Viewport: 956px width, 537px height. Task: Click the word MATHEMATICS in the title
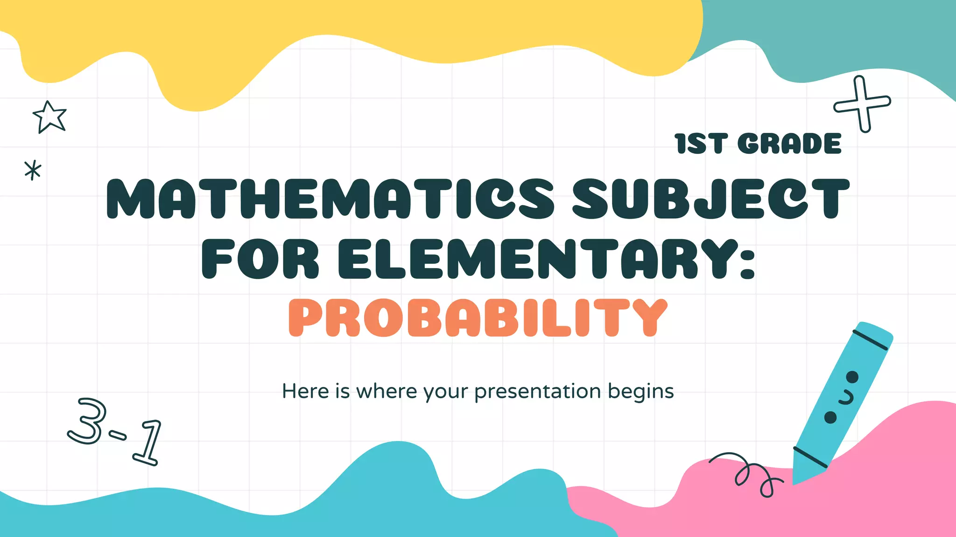pyautogui.click(x=329, y=199)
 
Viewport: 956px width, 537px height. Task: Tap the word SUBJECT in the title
pyautogui.click(x=710, y=199)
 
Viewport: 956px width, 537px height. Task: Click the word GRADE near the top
pyautogui.click(x=790, y=144)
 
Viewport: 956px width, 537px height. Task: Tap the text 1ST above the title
pyautogui.click(x=700, y=144)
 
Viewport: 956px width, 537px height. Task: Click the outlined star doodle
pyautogui.click(x=49, y=117)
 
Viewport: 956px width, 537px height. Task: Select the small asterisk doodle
pyautogui.click(x=33, y=170)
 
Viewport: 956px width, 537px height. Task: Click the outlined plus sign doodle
pyautogui.click(x=862, y=104)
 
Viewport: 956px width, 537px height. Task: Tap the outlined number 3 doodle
pyautogui.click(x=88, y=421)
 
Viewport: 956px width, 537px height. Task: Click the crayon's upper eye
pyautogui.click(x=852, y=377)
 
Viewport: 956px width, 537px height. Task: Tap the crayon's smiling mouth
pyautogui.click(x=846, y=398)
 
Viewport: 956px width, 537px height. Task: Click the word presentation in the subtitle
pyautogui.click(x=537, y=392)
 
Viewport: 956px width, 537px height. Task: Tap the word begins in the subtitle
pyautogui.click(x=641, y=392)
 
